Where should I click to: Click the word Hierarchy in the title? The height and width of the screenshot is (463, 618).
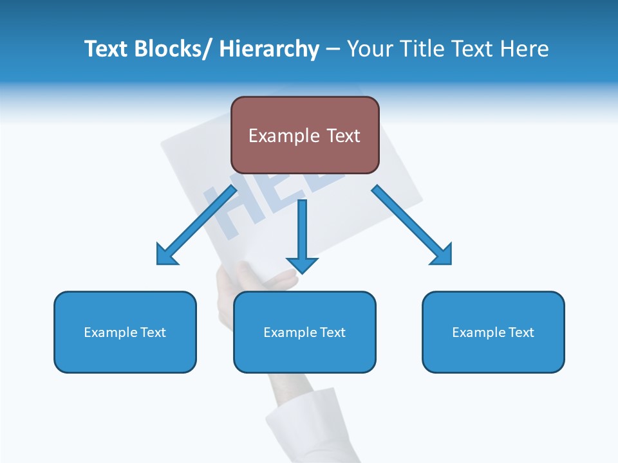[x=269, y=50]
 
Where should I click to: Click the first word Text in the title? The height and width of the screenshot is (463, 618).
[x=107, y=50]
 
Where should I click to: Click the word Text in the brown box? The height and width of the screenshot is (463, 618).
[x=342, y=136]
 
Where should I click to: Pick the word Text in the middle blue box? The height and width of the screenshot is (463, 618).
[x=332, y=332]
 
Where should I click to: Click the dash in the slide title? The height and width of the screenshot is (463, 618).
[x=333, y=50]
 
